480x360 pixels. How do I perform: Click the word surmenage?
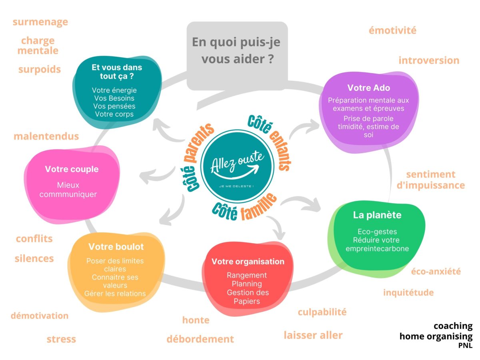click(x=40, y=22)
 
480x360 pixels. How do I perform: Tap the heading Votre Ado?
click(x=368, y=88)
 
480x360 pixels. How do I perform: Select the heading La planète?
click(x=377, y=215)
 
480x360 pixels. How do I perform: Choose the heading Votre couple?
click(x=72, y=169)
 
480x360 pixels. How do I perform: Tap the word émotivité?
click(x=392, y=30)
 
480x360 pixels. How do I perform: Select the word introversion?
click(x=428, y=60)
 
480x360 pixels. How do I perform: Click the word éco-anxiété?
click(x=436, y=272)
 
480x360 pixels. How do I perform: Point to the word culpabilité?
click(x=322, y=312)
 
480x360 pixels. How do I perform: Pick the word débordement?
click(x=200, y=339)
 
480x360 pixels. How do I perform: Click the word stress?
click(x=61, y=340)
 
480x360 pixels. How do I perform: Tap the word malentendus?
click(x=46, y=136)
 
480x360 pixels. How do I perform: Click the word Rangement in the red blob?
click(x=246, y=275)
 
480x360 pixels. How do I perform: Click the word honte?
click(x=196, y=320)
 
